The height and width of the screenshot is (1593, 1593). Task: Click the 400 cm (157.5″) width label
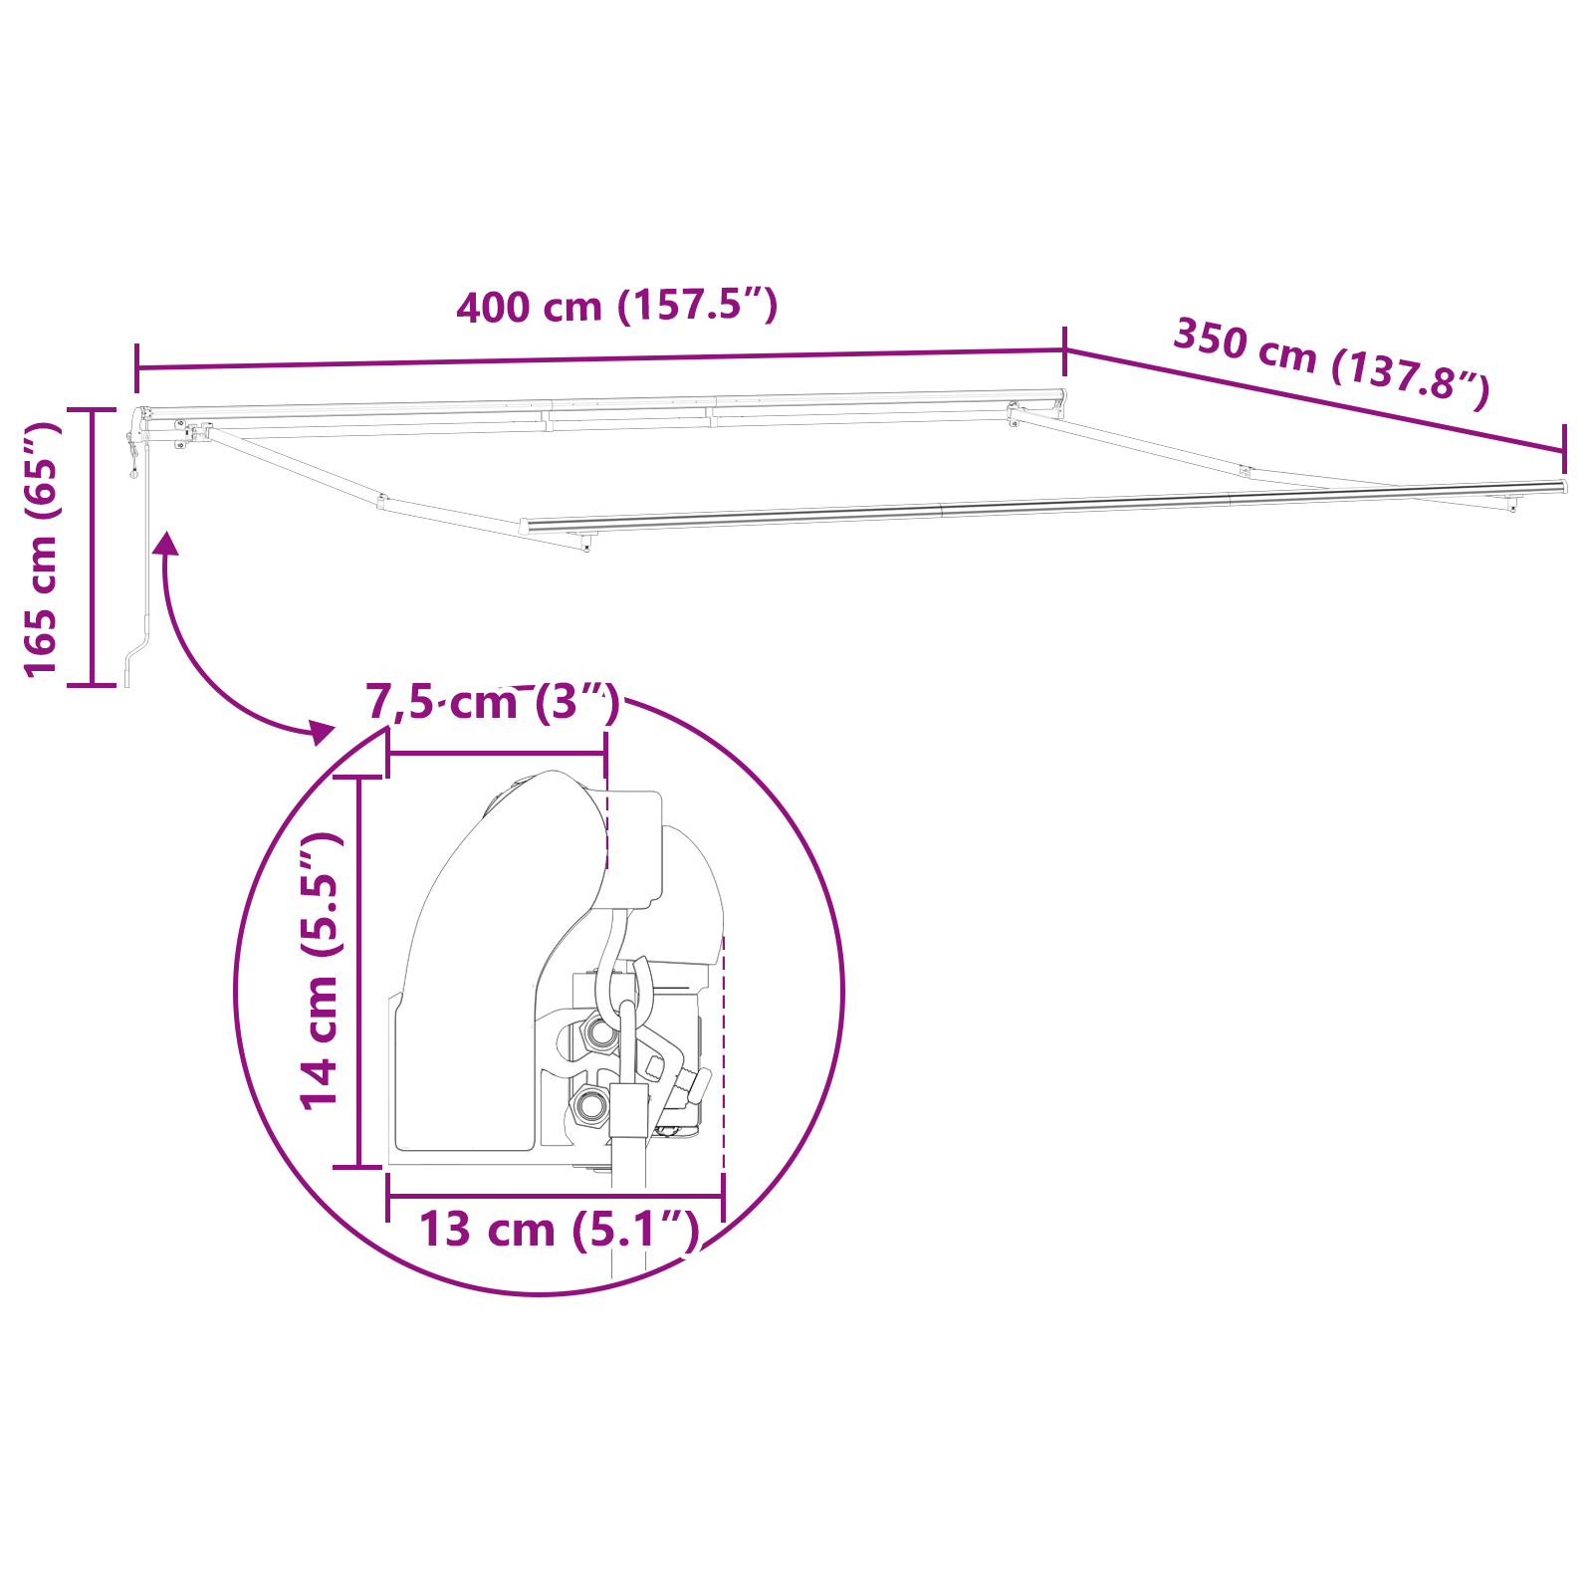coord(616,305)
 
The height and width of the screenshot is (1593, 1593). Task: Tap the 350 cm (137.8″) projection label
coord(1331,362)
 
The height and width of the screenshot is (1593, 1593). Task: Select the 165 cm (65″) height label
coord(42,549)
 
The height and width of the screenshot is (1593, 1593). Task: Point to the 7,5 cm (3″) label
coord(493,702)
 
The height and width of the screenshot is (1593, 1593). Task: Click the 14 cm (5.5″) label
coord(322,971)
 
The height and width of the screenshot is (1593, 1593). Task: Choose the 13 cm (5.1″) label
coord(558,1230)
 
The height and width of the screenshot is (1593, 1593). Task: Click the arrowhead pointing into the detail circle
coord(321,732)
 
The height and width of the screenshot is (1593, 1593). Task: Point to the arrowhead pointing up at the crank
coord(165,544)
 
